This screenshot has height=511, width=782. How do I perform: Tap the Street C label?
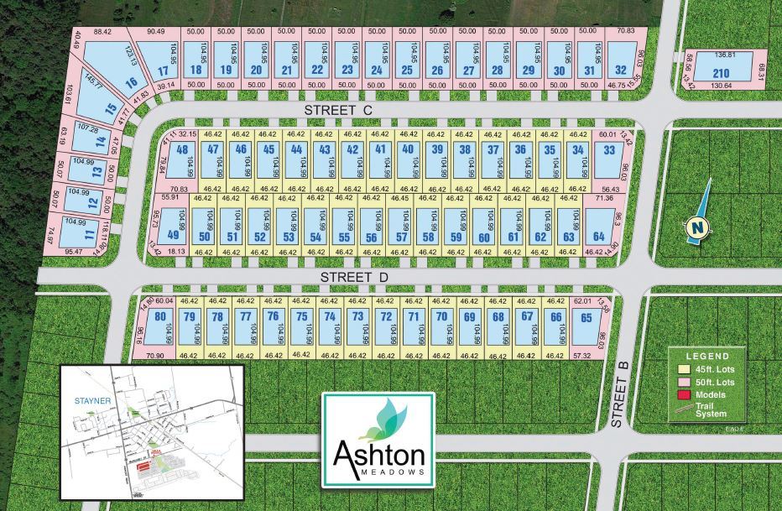(338, 110)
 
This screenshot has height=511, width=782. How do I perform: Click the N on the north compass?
(696, 226)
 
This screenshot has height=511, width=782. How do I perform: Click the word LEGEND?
(708, 356)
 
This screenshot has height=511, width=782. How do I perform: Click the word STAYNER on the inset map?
(91, 401)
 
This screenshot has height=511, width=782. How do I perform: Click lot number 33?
(608, 150)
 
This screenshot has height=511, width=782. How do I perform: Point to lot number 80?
(159, 317)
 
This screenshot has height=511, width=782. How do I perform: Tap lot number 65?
(586, 317)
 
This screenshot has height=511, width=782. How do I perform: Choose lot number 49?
(174, 235)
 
